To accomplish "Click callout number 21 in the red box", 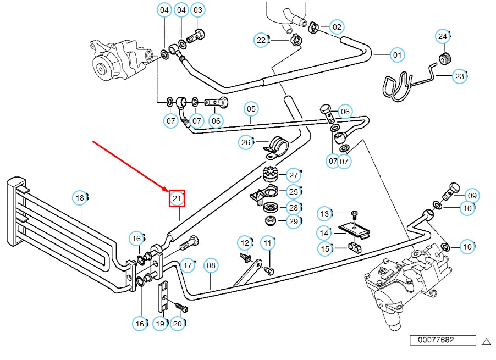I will pyautogui.click(x=177, y=198).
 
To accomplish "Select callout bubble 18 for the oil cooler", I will pyautogui.click(x=80, y=198).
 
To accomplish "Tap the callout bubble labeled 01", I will pyautogui.click(x=396, y=55).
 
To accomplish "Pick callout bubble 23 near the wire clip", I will pyautogui.click(x=460, y=76).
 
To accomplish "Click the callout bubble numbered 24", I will pyautogui.click(x=443, y=37).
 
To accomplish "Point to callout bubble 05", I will pyautogui.click(x=251, y=109).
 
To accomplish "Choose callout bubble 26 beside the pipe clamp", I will pyautogui.click(x=246, y=143).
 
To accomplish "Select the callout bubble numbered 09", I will pyautogui.click(x=472, y=196).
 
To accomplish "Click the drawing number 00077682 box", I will pyautogui.click(x=435, y=340).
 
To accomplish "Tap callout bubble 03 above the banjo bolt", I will pyautogui.click(x=197, y=10).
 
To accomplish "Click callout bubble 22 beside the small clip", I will pyautogui.click(x=262, y=40).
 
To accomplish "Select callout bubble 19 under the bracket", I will pyautogui.click(x=160, y=324).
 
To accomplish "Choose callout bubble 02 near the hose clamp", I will pyautogui.click(x=337, y=26).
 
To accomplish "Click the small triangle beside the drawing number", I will pyautogui.click(x=486, y=341).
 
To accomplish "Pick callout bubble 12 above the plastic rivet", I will pyautogui.click(x=244, y=242).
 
